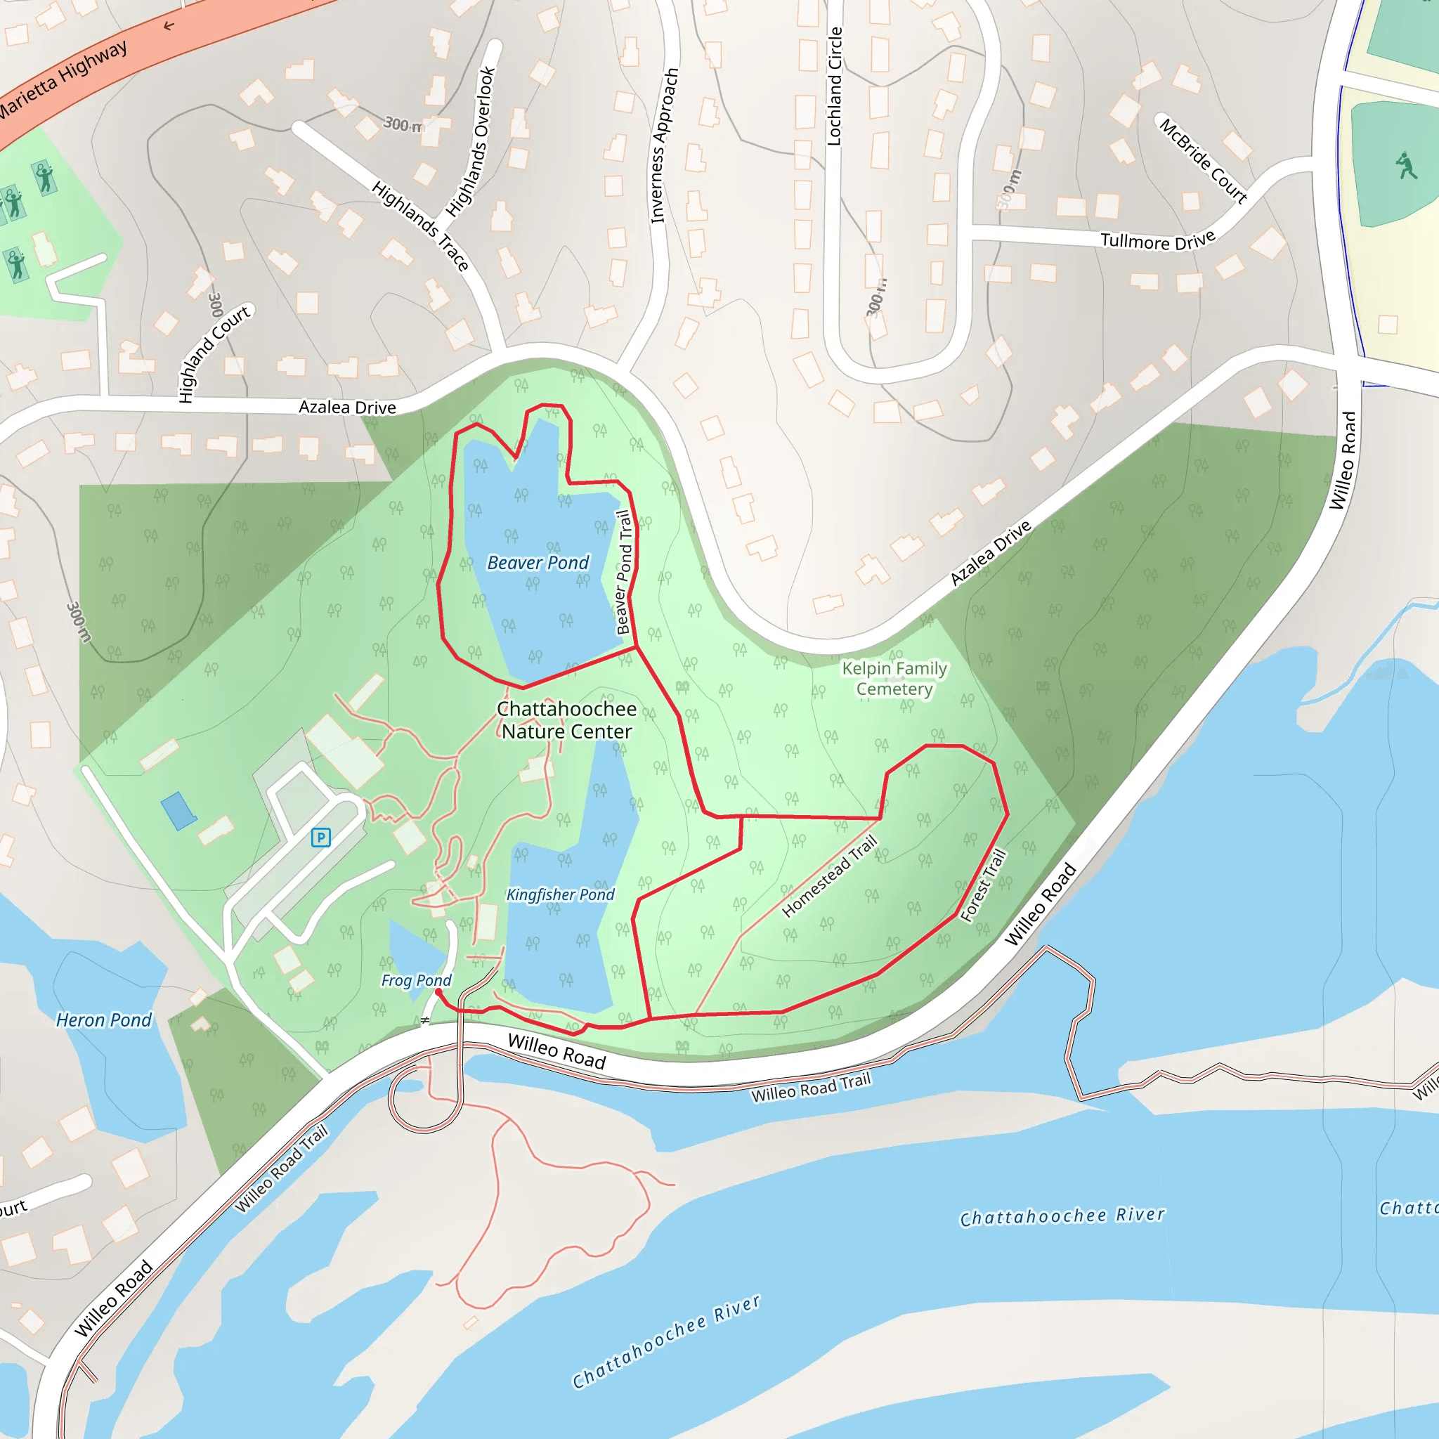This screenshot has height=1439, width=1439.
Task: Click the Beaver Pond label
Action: click(538, 563)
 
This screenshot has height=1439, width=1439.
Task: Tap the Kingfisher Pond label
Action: click(560, 894)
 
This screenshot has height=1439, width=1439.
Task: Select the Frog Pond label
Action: click(417, 980)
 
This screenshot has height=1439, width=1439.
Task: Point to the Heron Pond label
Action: click(103, 1020)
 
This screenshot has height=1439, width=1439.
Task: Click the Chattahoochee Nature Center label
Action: click(567, 720)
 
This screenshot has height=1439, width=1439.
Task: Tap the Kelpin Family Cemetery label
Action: click(894, 679)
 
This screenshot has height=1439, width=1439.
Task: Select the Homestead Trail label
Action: click(829, 877)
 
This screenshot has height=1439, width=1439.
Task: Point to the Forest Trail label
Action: click(983, 886)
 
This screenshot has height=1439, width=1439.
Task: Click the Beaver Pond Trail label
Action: click(624, 572)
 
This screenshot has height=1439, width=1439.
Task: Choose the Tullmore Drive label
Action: click(1157, 240)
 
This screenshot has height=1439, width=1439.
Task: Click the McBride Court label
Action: click(1203, 160)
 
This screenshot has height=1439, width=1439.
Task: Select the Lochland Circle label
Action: click(835, 86)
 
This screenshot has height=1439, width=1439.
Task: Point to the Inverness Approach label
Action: click(665, 145)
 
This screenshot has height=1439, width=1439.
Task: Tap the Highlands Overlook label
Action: click(471, 141)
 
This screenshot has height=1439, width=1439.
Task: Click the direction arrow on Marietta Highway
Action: click(169, 26)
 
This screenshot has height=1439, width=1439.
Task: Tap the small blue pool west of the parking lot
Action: click(178, 810)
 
